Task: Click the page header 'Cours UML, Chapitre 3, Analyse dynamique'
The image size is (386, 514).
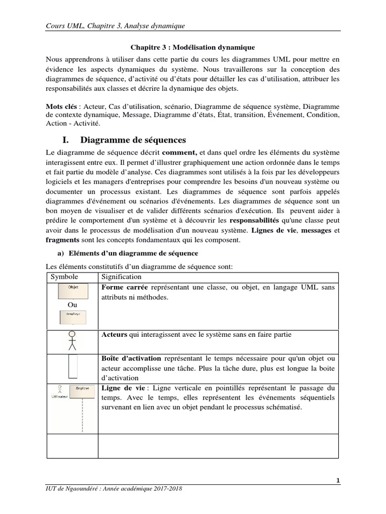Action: click(x=115, y=25)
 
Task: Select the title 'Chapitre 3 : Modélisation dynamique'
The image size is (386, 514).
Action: click(x=192, y=47)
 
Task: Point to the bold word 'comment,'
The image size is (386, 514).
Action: click(x=181, y=152)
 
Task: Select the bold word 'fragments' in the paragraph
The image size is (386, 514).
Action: click(x=62, y=240)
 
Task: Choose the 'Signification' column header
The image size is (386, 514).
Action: click(x=122, y=277)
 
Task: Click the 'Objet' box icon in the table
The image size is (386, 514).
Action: click(x=73, y=290)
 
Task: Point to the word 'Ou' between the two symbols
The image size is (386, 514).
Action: click(x=72, y=305)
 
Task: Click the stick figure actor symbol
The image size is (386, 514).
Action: click(x=72, y=340)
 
